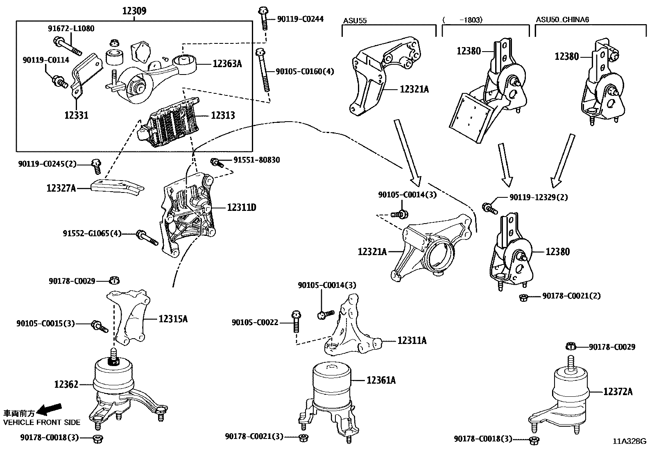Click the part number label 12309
click(134, 11)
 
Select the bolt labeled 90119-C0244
click(264, 18)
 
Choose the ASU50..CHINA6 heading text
click(562, 19)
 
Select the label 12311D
click(242, 208)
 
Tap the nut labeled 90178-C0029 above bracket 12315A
click(115, 280)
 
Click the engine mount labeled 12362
click(115, 381)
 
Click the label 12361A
click(381, 380)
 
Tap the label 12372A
click(618, 392)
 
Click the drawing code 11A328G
click(629, 441)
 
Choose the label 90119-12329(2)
click(539, 197)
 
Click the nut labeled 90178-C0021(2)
click(523, 297)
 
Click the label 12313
click(223, 115)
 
